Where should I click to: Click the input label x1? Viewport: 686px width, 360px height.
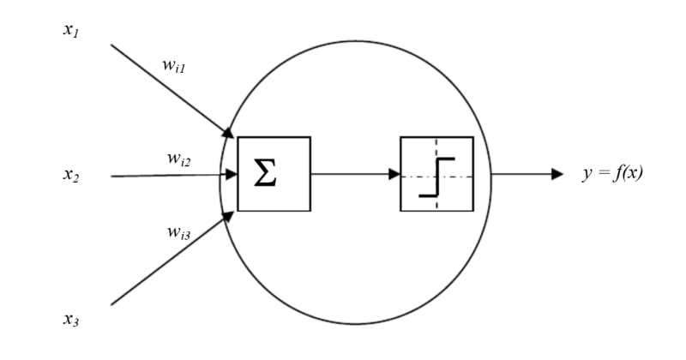click(x=70, y=30)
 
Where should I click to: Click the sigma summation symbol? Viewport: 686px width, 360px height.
click(x=265, y=175)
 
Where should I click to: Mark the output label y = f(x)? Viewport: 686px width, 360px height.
click(x=612, y=174)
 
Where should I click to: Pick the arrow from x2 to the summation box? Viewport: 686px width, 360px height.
click(x=171, y=175)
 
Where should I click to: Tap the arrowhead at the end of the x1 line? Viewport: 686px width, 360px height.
click(x=229, y=133)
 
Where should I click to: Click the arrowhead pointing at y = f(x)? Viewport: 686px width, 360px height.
click(x=557, y=174)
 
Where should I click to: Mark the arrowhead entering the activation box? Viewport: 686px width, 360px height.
click(x=394, y=174)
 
